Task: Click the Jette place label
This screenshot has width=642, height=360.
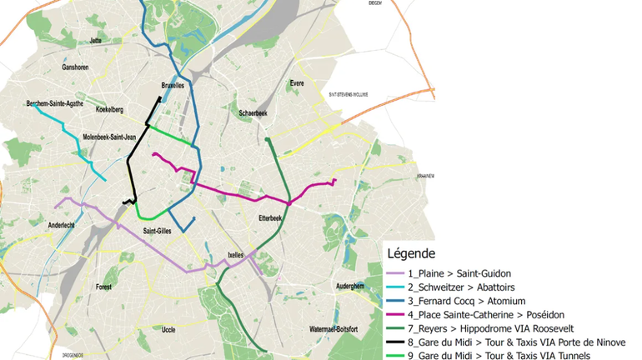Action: point(95,39)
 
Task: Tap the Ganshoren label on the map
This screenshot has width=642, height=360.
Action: point(77,67)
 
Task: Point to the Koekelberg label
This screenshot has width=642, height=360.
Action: point(109,109)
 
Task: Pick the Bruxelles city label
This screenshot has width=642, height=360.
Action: point(173,86)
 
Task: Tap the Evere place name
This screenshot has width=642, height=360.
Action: point(296,83)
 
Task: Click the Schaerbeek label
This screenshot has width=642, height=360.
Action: point(253,112)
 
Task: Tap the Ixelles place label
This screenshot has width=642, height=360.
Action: point(236,255)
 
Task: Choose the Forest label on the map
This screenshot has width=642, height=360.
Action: point(103,287)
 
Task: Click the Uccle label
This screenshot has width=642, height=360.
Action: point(168,329)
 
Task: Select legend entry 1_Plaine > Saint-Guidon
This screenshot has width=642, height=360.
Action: point(459,273)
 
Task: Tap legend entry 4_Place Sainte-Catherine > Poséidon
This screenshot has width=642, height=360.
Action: point(486,314)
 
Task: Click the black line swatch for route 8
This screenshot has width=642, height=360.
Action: point(396,342)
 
